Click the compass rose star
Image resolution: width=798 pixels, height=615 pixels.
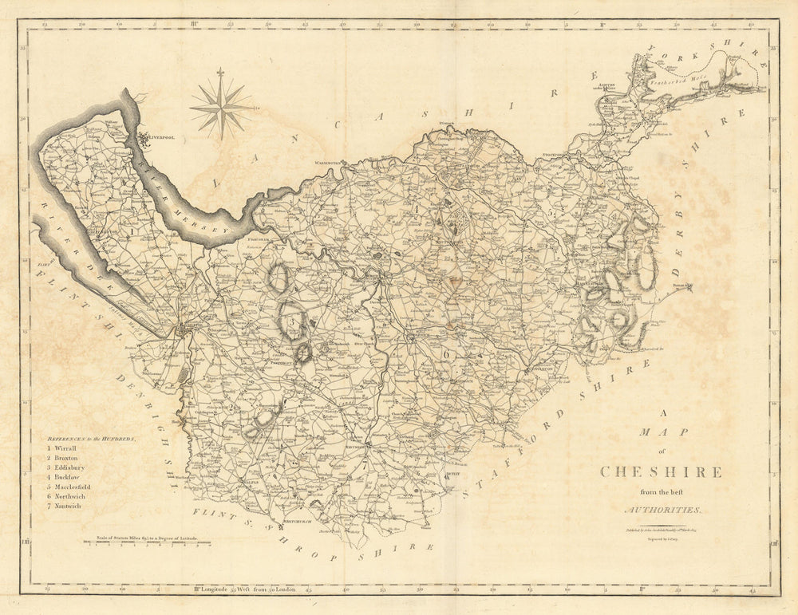pos(220,104)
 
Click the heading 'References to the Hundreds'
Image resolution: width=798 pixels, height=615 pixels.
pos(89,438)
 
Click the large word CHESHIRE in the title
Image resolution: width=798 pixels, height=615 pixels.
pos(661,471)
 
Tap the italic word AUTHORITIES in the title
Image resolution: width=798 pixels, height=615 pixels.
pos(662,509)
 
